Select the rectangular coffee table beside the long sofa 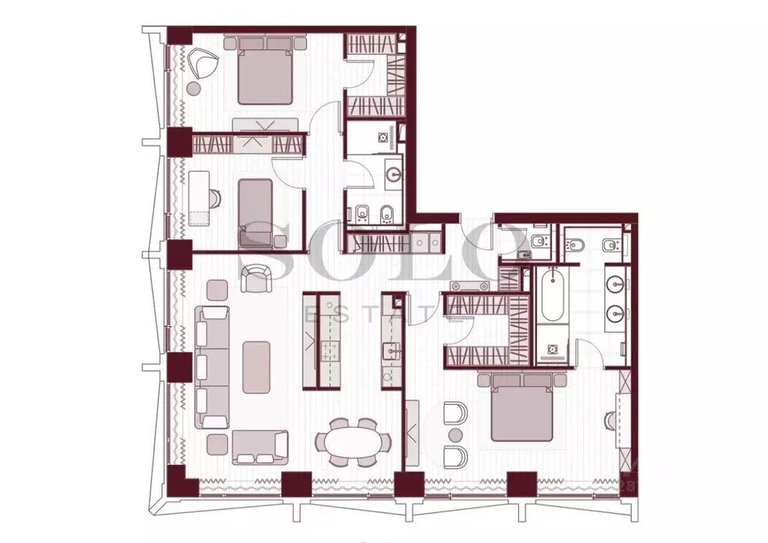(x=256, y=366)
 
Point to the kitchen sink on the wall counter (x=388, y=350)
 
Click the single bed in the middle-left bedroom (x=255, y=211)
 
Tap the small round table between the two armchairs (x=454, y=435)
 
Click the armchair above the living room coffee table (x=258, y=278)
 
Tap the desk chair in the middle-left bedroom (x=214, y=196)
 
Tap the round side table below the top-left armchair (x=193, y=88)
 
